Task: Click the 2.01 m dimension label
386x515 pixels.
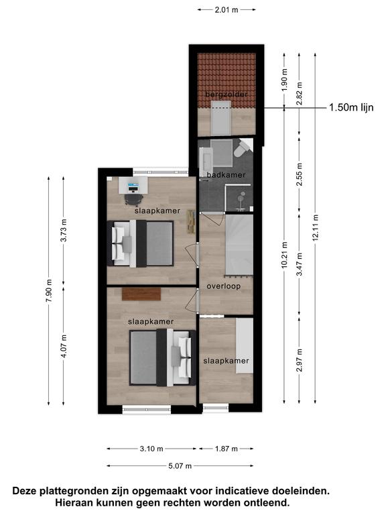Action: (x=227, y=10)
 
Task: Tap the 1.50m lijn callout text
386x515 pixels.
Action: (x=351, y=107)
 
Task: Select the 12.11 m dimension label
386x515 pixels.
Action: (x=316, y=227)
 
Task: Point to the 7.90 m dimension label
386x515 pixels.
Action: (x=49, y=291)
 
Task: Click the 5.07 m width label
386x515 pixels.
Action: (x=180, y=466)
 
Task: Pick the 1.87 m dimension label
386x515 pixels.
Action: (x=226, y=449)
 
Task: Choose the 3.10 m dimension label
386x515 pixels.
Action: (x=151, y=449)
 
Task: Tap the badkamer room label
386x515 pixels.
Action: (x=226, y=175)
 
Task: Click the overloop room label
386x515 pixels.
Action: (x=224, y=286)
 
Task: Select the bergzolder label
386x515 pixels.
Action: (x=226, y=95)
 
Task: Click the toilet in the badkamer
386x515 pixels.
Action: (x=242, y=148)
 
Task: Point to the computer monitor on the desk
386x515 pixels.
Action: (x=133, y=188)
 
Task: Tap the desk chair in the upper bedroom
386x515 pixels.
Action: (x=133, y=199)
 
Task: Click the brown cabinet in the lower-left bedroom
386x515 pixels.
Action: (x=141, y=294)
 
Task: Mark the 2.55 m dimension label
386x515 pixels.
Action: (x=300, y=174)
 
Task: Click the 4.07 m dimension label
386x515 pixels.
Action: (x=64, y=346)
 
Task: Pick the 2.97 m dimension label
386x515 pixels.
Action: (x=300, y=360)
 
